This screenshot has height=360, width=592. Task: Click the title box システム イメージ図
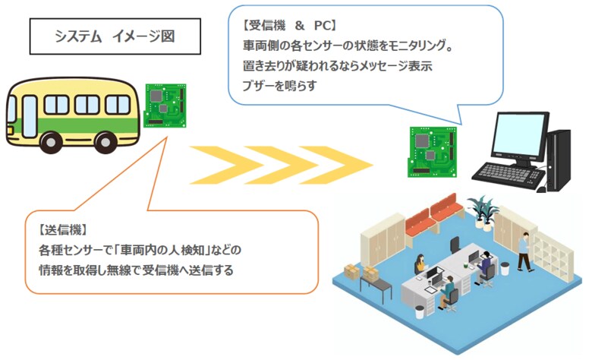coord(115,36)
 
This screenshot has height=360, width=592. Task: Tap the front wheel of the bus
coord(120,141)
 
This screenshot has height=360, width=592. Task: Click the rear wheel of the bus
coord(52,141)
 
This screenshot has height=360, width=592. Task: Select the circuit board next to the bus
coord(166,106)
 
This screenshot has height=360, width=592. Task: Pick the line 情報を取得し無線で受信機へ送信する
coord(136,269)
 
